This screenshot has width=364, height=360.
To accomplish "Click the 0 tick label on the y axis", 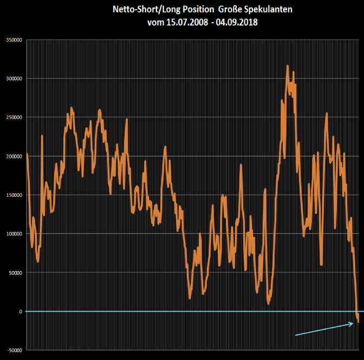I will point(20,311).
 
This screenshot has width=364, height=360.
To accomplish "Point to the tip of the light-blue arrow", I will point(353,324).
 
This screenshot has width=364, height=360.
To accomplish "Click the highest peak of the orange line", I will point(288,66).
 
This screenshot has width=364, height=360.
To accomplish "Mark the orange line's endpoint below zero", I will point(358,322).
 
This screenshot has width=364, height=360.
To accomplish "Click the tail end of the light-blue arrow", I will point(295,336).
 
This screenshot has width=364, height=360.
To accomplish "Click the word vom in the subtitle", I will point(156,23).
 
